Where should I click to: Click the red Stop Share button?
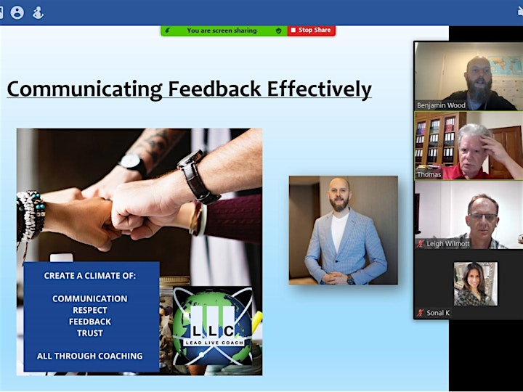coord(312,30)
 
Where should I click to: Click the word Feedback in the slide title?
coord(214,89)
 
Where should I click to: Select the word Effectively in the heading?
coord(319,89)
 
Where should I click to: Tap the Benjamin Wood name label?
coord(441,105)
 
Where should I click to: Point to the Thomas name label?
coord(429,174)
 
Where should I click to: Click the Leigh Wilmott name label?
coord(448,244)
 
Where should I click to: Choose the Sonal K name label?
coord(438,313)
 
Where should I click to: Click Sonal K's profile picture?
coord(476,284)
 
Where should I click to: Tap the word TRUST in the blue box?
coord(90,333)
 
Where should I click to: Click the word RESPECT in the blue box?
coord(90,310)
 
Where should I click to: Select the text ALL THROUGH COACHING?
coord(90,356)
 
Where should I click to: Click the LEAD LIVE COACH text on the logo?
coord(214,343)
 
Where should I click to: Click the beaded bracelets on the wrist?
coord(31,216)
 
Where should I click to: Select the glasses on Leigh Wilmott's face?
coord(482,217)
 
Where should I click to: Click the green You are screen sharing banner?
coord(224,30)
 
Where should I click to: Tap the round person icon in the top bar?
coord(17,12)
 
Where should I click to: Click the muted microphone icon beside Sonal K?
coord(421,313)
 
